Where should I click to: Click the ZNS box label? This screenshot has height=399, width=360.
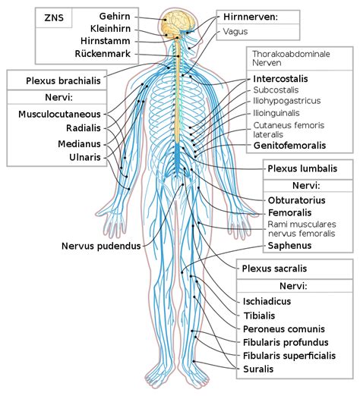pyautogui.click(x=54, y=17)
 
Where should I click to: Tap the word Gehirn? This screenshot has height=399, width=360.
pyautogui.click(x=115, y=16)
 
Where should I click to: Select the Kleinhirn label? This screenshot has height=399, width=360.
pyautogui.click(x=110, y=29)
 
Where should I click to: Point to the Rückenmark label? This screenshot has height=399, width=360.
pyautogui.click(x=103, y=54)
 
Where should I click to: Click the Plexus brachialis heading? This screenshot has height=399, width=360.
pyautogui.click(x=63, y=81)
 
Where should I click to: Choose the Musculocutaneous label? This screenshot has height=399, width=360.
pyautogui.click(x=59, y=114)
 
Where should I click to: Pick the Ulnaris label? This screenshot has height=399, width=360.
pyautogui.click(x=85, y=157)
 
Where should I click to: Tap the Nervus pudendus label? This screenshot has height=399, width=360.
pyautogui.click(x=101, y=246)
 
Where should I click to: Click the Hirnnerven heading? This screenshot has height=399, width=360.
pyautogui.click(x=251, y=17)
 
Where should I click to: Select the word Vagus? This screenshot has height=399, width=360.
pyautogui.click(x=235, y=31)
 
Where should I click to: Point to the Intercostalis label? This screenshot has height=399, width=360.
pyautogui.click(x=280, y=79)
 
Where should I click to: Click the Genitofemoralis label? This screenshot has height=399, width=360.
pyautogui.click(x=289, y=146)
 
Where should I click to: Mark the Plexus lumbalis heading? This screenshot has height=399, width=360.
pyautogui.click(x=302, y=168)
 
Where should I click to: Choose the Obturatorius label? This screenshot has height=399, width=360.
pyautogui.click(x=296, y=200)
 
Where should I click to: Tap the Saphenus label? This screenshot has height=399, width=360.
pyautogui.click(x=289, y=246)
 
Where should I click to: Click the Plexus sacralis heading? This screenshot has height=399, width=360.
pyautogui.click(x=274, y=269)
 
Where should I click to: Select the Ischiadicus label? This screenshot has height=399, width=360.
pyautogui.click(x=267, y=301)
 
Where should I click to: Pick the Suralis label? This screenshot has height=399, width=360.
pyautogui.click(x=258, y=369)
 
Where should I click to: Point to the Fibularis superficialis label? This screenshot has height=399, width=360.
pyautogui.click(x=289, y=356)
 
